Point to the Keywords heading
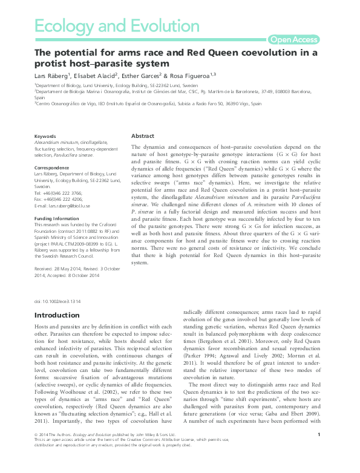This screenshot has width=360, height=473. click(45, 137)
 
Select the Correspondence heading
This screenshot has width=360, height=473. click(51, 166)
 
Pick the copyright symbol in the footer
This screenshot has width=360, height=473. click(38, 452)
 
